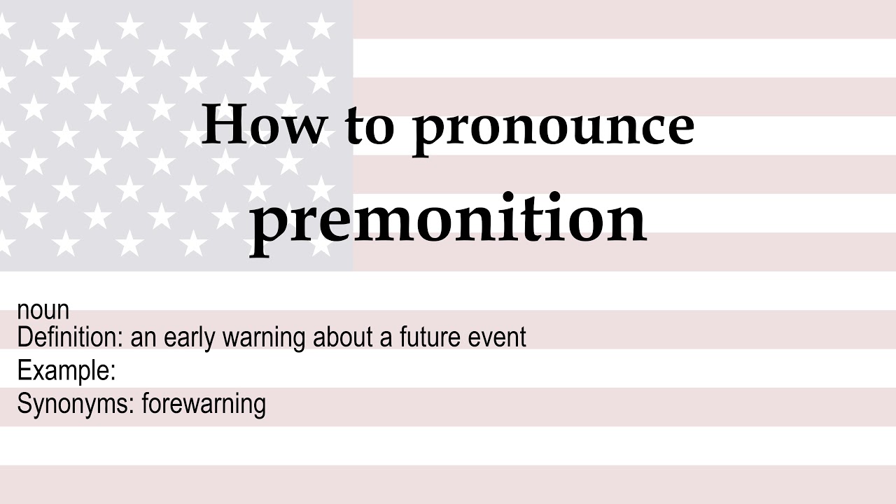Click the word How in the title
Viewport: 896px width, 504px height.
pos(263,124)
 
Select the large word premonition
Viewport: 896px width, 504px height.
pos(448,218)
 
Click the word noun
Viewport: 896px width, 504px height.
pos(43,311)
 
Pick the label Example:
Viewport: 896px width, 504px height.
pos(66,371)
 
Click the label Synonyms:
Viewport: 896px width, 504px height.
pos(75,405)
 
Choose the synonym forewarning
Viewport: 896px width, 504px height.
pos(204,405)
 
